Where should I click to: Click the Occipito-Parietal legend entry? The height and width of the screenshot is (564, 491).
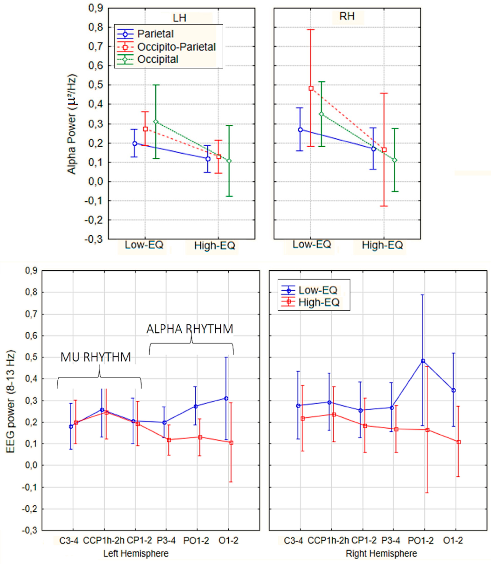coord(176,47)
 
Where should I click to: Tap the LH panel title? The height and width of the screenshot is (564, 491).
coord(179,18)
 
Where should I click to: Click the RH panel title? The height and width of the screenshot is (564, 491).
coord(347,16)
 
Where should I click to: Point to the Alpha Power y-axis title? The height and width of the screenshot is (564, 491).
coord(72,124)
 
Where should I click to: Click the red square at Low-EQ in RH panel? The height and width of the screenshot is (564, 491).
coord(311,88)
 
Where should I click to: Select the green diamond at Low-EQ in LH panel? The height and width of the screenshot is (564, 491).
coord(156,121)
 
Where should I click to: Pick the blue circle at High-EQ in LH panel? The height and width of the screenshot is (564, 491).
coord(208,159)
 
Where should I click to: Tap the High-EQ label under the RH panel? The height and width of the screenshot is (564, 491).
coord(382,245)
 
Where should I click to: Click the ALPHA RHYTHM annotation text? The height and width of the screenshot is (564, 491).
coord(190,329)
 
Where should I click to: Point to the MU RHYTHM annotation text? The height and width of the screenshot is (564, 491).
coord(96,357)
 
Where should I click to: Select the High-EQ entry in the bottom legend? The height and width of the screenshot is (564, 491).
coord(319,302)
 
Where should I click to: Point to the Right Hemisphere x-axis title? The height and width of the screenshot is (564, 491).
coord(381,553)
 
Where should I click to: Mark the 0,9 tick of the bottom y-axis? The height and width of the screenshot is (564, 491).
coord(31,271)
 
